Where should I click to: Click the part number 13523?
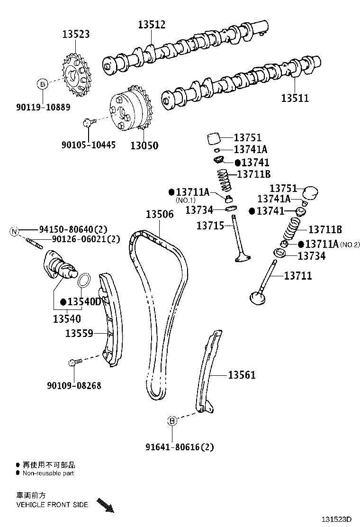tap(76, 34)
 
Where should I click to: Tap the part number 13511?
tap(295, 99)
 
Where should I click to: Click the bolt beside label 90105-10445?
tap(88, 123)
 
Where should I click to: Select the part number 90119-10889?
tap(43, 108)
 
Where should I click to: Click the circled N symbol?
tap(15, 231)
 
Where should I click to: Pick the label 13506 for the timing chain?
tap(159, 214)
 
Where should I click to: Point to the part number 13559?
tap(79, 334)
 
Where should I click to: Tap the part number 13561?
tap(242, 375)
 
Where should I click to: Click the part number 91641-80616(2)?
tap(180, 446)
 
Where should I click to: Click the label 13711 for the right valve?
tap(298, 275)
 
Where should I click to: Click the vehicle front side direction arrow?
tap(105, 505)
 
